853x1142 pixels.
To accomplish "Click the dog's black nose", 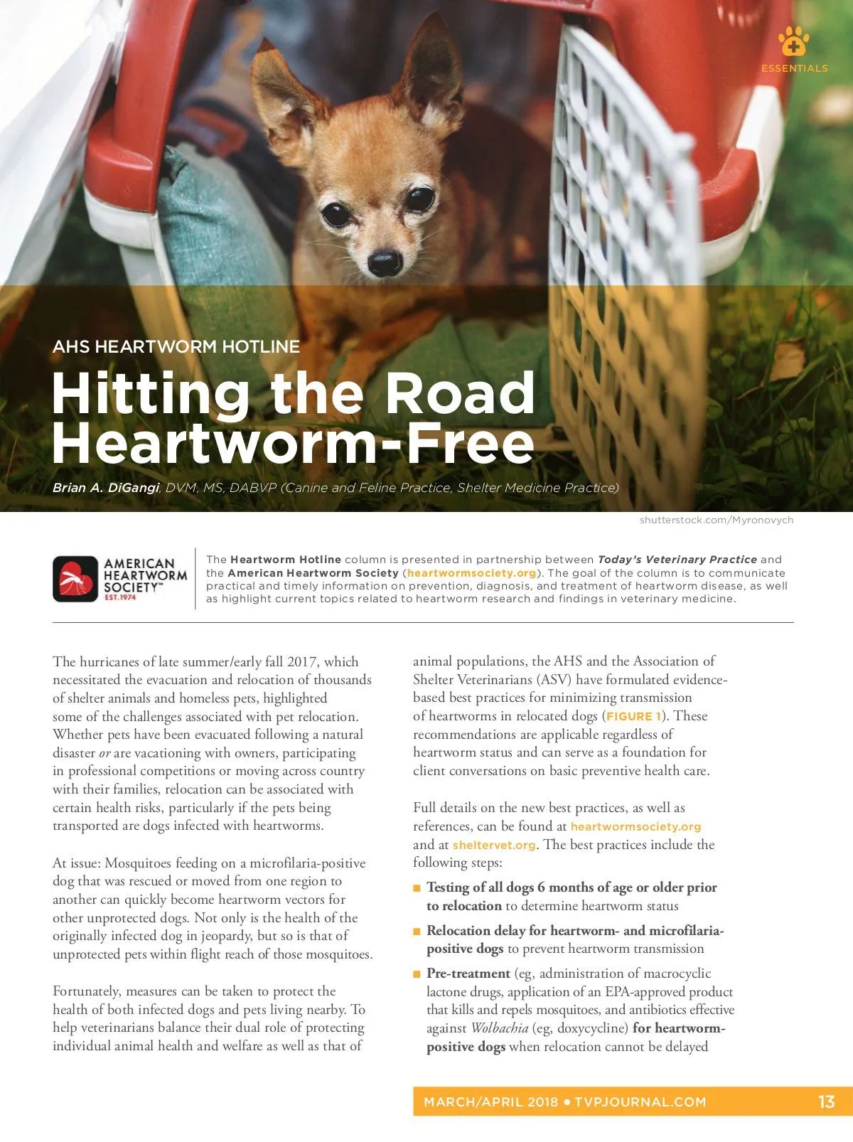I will [385, 262].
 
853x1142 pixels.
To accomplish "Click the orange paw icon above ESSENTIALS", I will [793, 42].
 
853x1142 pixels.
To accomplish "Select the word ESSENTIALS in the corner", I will [794, 68].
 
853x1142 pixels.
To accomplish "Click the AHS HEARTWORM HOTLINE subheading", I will [176, 347].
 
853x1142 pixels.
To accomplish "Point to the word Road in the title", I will [460, 393].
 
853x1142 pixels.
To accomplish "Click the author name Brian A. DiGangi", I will [105, 488].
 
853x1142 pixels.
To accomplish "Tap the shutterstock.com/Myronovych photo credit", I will [716, 520].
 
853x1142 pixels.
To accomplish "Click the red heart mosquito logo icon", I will [75, 579].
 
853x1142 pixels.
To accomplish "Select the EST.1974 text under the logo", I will [120, 597].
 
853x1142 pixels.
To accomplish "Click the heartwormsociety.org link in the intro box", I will [471, 573].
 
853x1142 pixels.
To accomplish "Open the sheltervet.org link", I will [494, 845].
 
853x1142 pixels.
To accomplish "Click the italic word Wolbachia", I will [499, 1028].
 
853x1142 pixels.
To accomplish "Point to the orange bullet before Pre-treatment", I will [417, 974].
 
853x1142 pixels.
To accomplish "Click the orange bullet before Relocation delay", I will [417, 932].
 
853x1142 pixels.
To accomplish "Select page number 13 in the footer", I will [826, 1101].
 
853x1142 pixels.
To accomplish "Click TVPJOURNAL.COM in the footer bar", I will [640, 1102].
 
